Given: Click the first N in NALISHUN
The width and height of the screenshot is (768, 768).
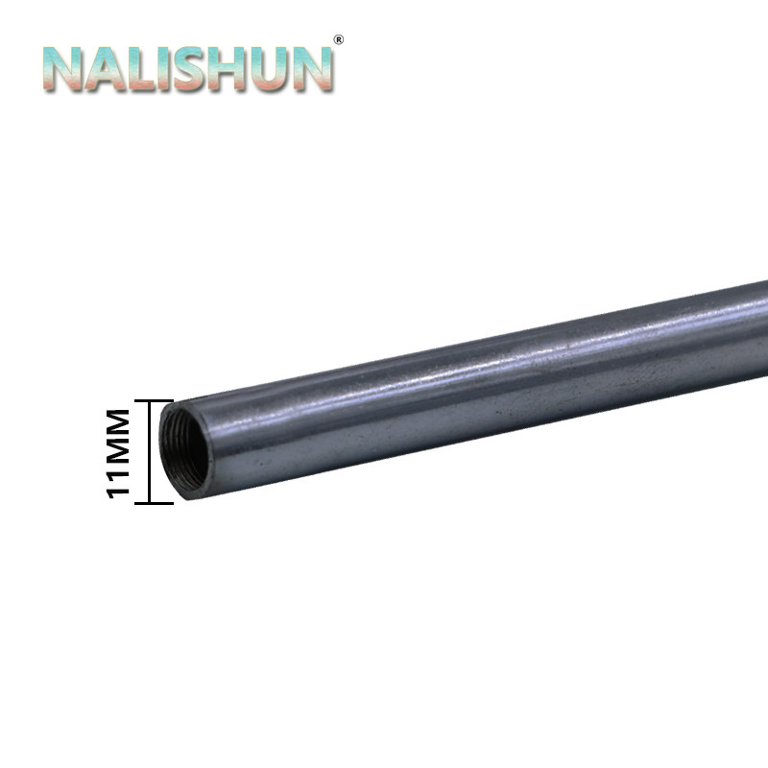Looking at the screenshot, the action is coord(63,69).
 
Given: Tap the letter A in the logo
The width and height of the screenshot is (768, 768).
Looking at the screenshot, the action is coord(105,69).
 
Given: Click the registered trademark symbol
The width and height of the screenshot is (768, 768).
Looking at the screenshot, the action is coord(338,39).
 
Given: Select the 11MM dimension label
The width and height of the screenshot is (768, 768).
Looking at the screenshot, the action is coord(118,453).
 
